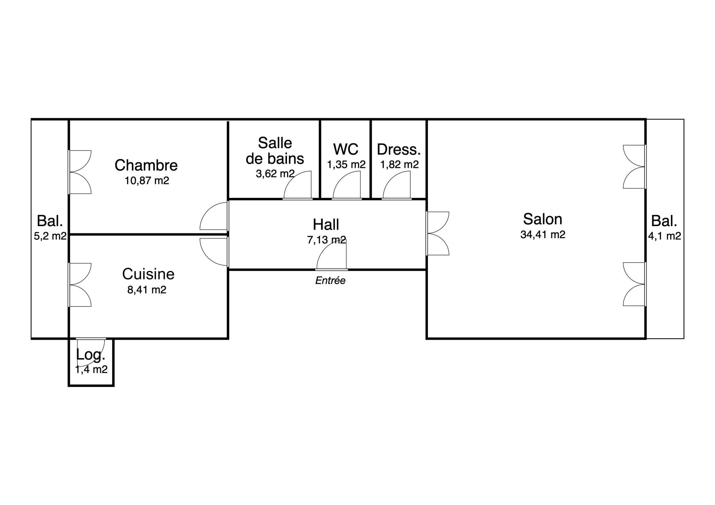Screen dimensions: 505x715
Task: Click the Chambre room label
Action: pos(146,165)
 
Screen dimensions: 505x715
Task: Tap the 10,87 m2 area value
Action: pos(147,181)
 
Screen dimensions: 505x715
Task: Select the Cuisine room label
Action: pos(148,274)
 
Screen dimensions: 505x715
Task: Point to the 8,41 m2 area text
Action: pos(147,290)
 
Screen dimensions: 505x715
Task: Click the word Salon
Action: pos(543,219)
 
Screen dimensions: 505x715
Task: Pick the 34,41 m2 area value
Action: pos(543,235)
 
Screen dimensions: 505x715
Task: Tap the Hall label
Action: pos(326,225)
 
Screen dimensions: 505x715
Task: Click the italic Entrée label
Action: pos(330,281)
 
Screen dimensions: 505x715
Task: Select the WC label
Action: pos(346,149)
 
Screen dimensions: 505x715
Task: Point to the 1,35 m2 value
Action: pos(346,164)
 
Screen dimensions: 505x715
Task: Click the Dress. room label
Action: pos(399,150)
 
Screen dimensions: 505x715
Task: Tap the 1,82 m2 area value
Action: pos(399,164)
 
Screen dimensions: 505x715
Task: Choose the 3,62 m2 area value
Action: pos(275,173)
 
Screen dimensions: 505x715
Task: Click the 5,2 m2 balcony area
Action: pos(50,236)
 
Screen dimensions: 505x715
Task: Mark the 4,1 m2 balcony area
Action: pos(664,236)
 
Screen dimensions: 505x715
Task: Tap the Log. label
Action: pos(90,355)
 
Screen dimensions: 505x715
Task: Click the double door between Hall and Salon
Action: pos(437,233)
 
